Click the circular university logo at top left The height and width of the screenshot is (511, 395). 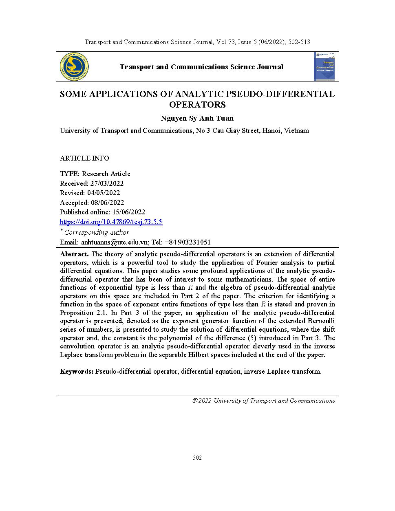point(74,67)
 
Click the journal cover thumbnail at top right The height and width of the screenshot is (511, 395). point(326,67)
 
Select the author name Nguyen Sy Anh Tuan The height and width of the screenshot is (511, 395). point(197,119)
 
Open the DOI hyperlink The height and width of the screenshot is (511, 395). point(111,222)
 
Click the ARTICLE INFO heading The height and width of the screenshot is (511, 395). point(84,158)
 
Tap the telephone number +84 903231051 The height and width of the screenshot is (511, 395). point(188,242)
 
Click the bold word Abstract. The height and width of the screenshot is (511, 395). point(74,254)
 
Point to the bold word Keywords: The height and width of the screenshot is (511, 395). point(77,371)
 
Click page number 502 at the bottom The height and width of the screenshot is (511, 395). point(197,458)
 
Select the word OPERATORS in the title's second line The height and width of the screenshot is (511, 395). point(197,105)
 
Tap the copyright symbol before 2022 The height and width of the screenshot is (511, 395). point(195,401)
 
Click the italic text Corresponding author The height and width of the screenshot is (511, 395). point(97,233)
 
